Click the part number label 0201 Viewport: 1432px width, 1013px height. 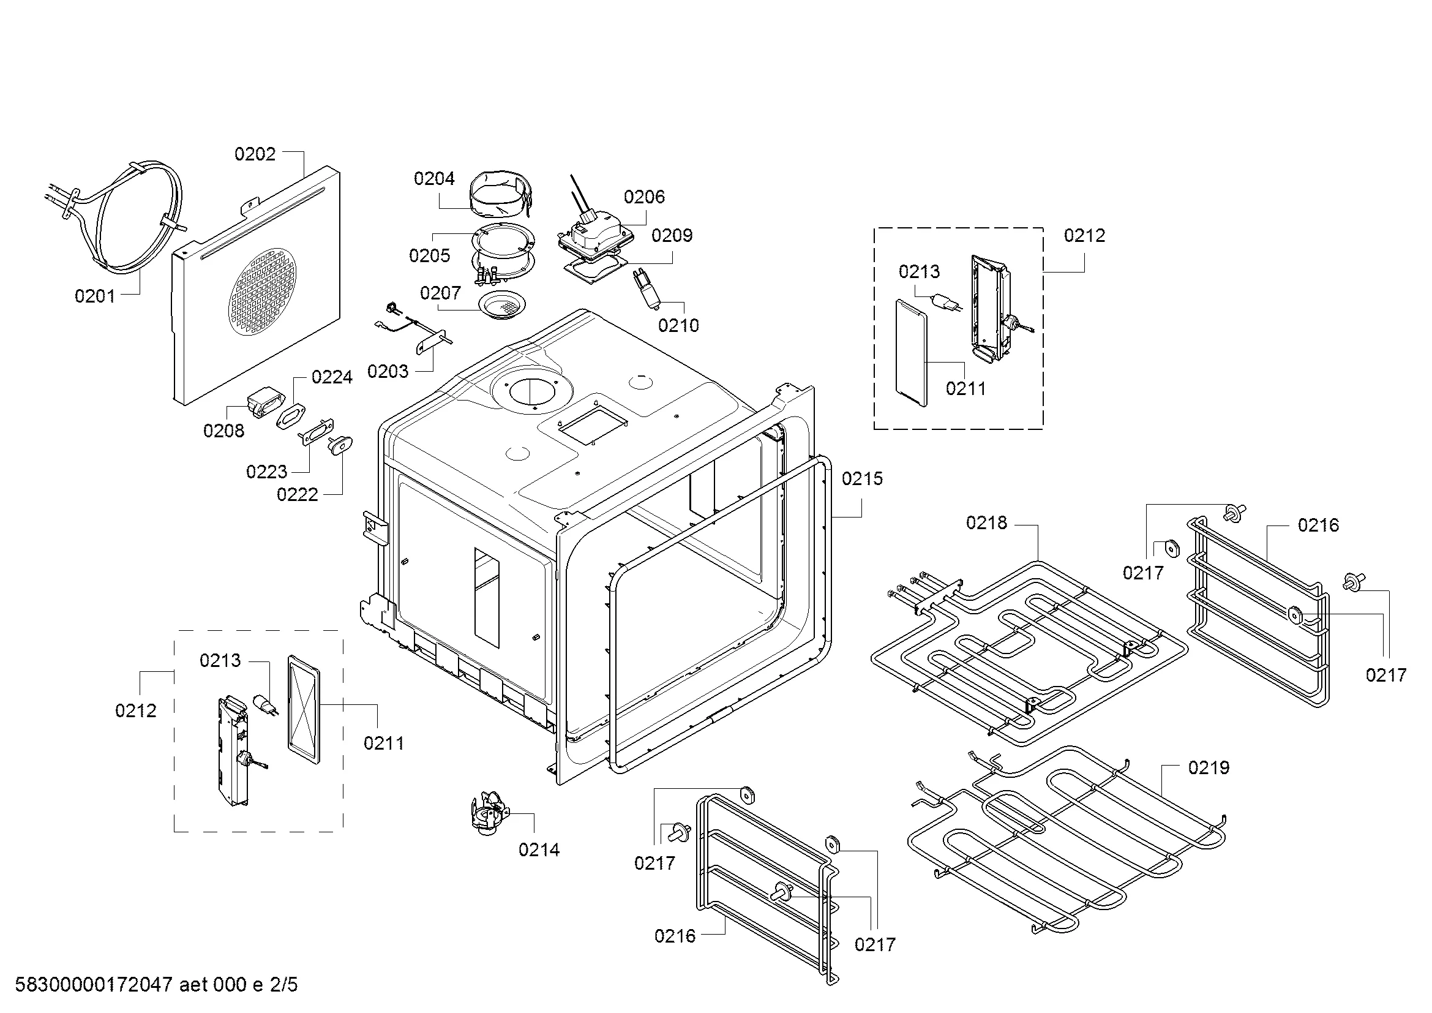point(95,296)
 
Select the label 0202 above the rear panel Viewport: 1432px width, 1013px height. point(255,154)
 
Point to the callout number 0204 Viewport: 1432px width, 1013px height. point(434,179)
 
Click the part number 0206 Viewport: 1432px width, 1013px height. point(643,197)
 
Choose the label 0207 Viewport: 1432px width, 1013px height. point(440,293)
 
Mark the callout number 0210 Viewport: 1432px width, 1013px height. point(678,325)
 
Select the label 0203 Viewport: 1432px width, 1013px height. point(388,371)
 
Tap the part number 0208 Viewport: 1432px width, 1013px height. point(223,431)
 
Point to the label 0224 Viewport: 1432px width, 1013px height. point(332,377)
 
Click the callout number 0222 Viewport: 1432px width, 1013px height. point(297,494)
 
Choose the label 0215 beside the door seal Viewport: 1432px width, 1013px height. point(862,478)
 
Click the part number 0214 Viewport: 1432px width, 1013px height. point(539,849)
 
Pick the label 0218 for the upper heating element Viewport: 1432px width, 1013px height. point(986,522)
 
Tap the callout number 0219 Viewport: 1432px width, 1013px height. point(1208,767)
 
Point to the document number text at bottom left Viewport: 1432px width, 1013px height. point(156,984)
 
